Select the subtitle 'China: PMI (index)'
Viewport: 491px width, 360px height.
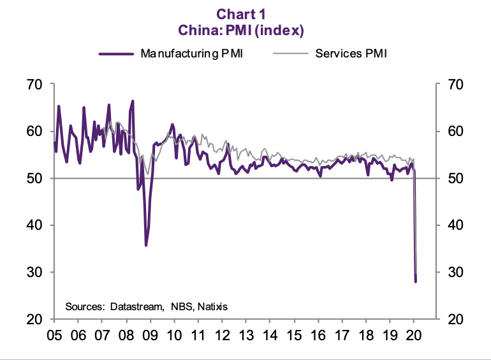[x=246, y=30]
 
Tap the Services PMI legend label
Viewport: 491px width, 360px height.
[x=351, y=53]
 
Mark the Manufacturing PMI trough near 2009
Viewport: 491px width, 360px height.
[x=146, y=245]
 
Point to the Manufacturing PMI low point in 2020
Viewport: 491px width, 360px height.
[x=416, y=281]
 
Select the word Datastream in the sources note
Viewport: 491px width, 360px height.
[x=136, y=307]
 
